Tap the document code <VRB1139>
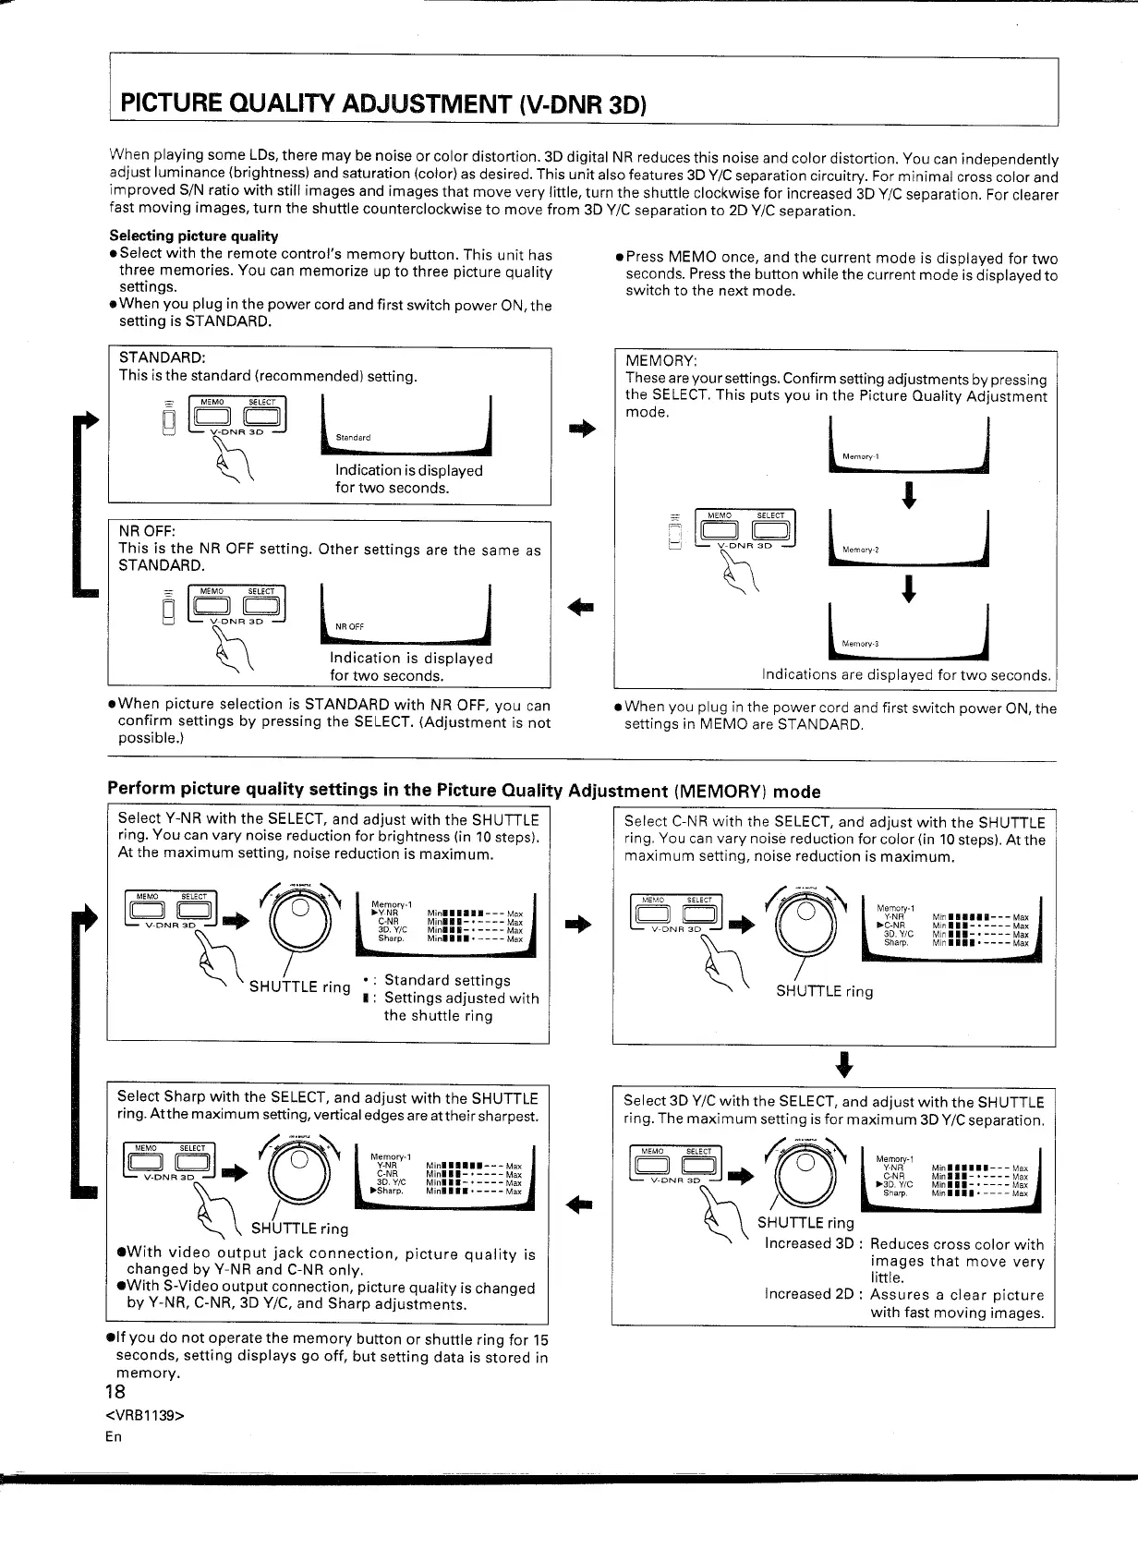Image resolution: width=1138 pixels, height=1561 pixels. coord(146,1415)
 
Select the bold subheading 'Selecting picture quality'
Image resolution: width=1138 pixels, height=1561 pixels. coord(193,236)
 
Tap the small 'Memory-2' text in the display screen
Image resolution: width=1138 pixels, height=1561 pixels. coord(860,551)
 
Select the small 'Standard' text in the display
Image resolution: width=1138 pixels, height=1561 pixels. coord(353,438)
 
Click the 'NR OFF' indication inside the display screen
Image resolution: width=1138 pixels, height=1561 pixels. coord(349,627)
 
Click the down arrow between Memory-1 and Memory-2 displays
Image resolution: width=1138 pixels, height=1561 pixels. coord(910,495)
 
